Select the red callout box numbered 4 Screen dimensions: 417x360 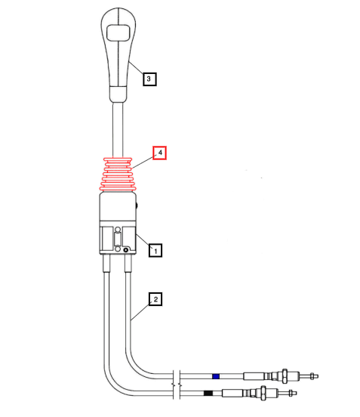click(159, 153)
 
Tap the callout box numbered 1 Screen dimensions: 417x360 click(155, 249)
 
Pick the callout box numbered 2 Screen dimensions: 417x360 click(155, 299)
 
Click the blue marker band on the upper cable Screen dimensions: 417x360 click(215, 375)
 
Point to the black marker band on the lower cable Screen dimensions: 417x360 click(208, 393)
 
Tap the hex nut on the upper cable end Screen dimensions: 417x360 click(285, 374)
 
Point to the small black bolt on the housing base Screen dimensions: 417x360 click(126, 250)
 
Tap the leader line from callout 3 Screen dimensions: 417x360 click(136, 70)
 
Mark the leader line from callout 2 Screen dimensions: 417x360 click(140, 310)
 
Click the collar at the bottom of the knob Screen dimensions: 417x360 click(118, 94)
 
